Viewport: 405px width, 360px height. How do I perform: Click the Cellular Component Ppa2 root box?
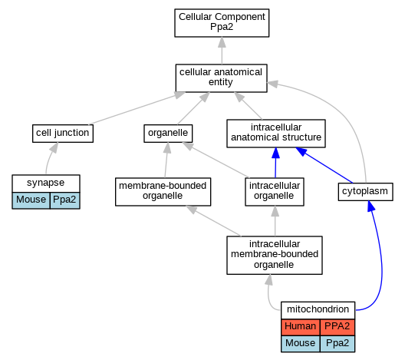coord(222,23)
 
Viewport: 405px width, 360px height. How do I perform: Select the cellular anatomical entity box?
coord(221,78)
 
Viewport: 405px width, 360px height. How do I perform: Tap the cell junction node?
coord(63,134)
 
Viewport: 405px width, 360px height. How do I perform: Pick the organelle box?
coord(168,134)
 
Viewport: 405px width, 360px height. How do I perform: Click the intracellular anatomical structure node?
coord(276,134)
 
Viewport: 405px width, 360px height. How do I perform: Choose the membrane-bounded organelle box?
coord(163,192)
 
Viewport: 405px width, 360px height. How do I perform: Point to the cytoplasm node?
coord(365,192)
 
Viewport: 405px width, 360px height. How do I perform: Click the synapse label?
coord(46,183)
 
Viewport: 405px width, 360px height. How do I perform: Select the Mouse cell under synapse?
coord(31,200)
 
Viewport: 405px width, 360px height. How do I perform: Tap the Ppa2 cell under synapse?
coord(65,200)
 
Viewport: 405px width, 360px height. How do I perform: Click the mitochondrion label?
coord(318,309)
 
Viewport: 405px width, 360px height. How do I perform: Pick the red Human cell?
coord(301,327)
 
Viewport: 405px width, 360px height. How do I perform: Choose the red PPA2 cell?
coord(337,327)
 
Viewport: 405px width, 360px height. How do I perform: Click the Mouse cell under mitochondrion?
coord(301,344)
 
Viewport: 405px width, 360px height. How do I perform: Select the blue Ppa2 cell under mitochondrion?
coord(337,344)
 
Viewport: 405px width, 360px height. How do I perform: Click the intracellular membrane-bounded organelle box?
coord(275,255)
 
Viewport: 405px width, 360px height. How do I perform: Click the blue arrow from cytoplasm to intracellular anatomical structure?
coord(324,165)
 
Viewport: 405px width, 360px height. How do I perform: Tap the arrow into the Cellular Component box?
coord(222,51)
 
